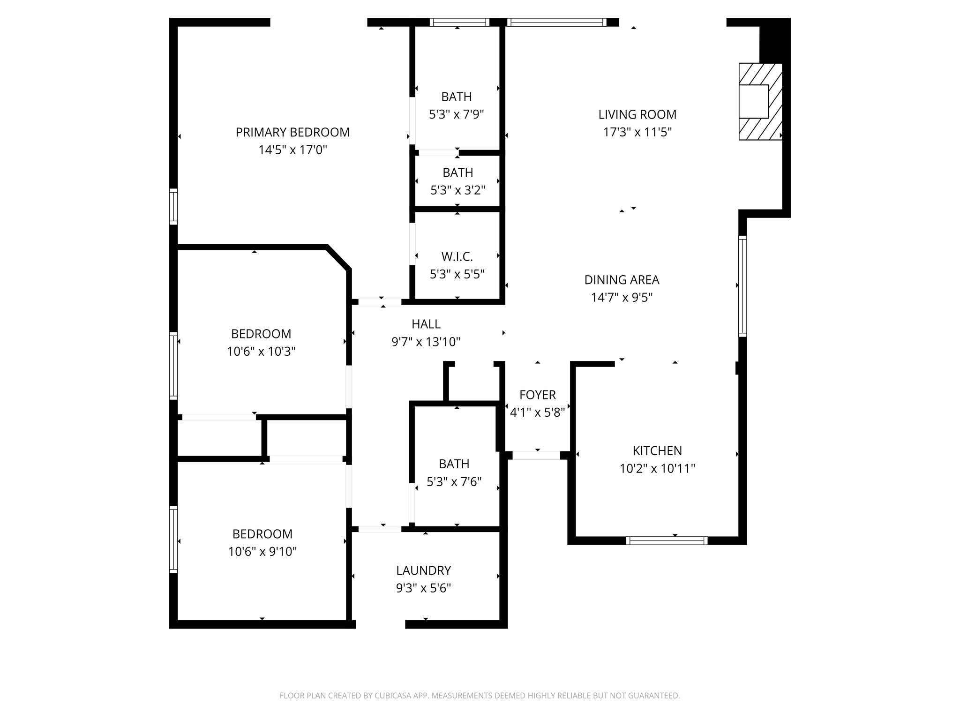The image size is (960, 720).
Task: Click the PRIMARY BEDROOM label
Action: click(292, 132)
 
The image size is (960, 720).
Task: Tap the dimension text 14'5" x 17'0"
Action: click(292, 150)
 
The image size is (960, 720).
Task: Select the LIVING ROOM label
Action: click(637, 114)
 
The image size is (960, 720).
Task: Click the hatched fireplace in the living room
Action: click(760, 101)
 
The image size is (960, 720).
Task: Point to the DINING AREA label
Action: click(622, 280)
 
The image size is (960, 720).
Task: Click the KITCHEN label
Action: click(657, 451)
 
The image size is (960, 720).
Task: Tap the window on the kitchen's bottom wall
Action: click(667, 541)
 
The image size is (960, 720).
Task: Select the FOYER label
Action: click(537, 395)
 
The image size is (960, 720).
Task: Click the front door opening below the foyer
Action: click(536, 455)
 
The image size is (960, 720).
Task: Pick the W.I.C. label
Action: click(457, 257)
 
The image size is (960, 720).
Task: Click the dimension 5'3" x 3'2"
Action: click(457, 190)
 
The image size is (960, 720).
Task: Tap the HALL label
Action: click(426, 324)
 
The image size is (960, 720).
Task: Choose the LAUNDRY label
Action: click(423, 570)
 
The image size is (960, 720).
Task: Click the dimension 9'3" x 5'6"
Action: click(423, 588)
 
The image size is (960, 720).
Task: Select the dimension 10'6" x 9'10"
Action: click(262, 552)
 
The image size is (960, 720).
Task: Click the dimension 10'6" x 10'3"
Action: click(261, 352)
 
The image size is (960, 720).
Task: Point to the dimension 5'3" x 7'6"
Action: click(454, 482)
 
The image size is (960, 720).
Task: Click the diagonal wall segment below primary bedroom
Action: click(338, 257)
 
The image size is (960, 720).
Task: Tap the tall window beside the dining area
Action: click(742, 286)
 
